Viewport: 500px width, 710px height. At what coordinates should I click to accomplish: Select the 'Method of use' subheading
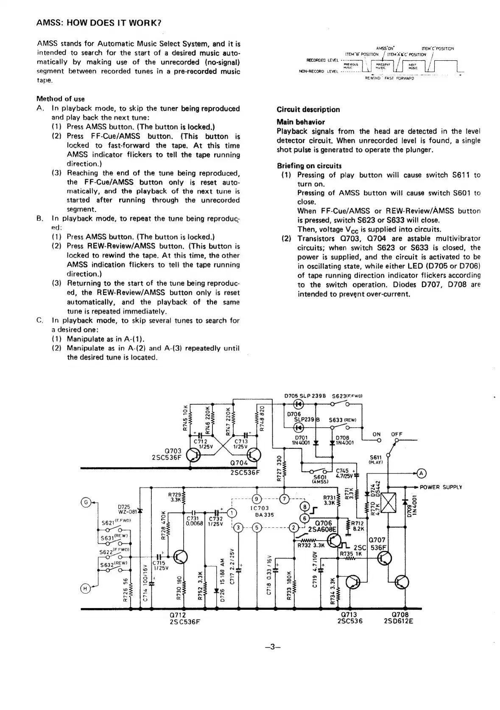[61, 99]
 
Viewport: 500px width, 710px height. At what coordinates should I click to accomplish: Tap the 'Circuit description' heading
[308, 109]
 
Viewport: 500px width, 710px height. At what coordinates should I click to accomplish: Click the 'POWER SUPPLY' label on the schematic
[441, 487]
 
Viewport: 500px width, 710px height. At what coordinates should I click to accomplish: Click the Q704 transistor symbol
[253, 455]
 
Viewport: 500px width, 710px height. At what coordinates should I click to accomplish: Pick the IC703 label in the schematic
[260, 508]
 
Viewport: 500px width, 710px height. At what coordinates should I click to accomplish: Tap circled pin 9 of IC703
[256, 499]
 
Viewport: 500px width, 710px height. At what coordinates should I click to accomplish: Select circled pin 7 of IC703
[285, 499]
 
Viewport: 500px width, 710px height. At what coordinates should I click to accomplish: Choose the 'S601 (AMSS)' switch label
[318, 479]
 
